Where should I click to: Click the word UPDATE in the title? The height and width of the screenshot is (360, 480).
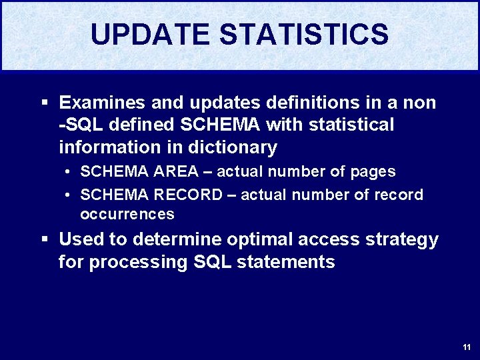click(152, 35)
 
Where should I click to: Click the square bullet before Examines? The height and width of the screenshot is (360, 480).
click(45, 103)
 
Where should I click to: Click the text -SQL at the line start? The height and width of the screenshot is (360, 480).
click(79, 125)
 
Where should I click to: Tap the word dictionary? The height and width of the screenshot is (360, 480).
click(234, 147)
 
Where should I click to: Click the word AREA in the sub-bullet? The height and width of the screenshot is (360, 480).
click(176, 172)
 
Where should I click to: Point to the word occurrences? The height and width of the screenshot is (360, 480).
click(127, 215)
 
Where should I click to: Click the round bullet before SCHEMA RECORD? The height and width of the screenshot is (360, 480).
click(69, 195)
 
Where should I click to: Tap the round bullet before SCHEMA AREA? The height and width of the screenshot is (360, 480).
click(69, 172)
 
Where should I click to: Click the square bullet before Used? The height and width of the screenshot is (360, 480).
click(45, 239)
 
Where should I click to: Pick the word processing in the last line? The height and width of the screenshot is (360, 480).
click(139, 262)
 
